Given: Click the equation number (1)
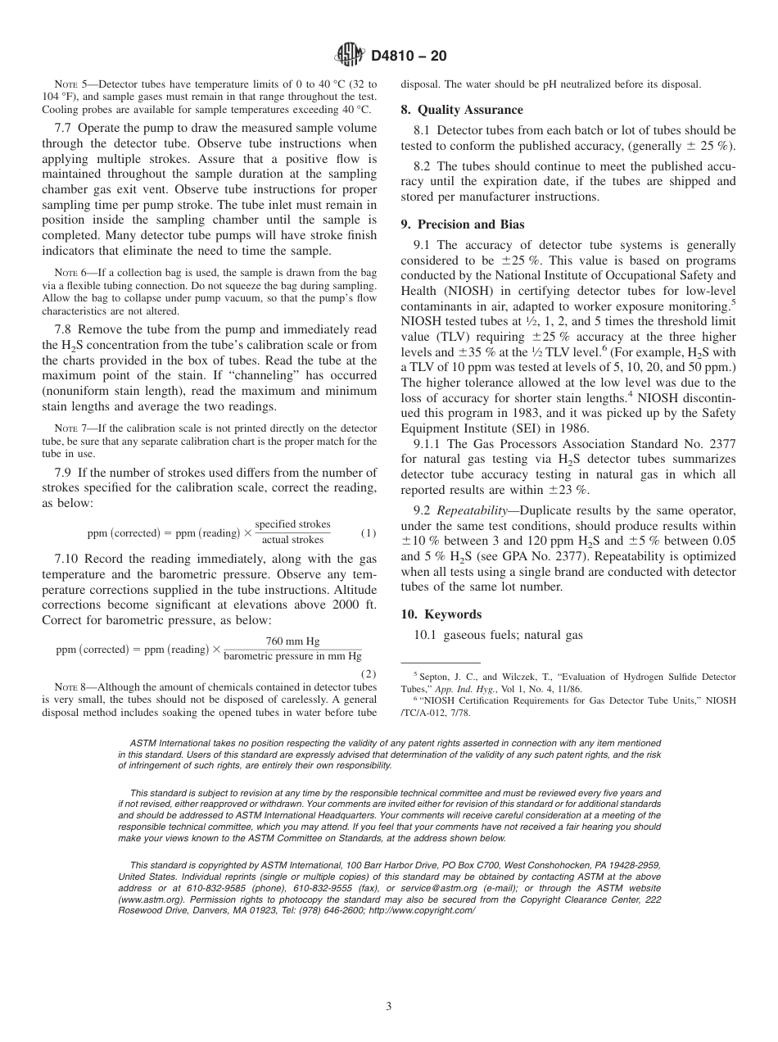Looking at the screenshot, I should [369, 533].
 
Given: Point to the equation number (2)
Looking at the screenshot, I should [369, 673].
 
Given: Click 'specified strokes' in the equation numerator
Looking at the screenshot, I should [292, 524].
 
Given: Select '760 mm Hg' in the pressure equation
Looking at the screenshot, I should [292, 641].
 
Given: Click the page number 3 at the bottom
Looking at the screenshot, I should [389, 1007].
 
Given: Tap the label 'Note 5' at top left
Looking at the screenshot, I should [70, 84].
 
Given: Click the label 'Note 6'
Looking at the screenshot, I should [70, 273].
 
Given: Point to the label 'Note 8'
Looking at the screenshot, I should [70, 687].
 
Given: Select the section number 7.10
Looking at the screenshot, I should [67, 558].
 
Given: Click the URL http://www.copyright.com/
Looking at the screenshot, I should [421, 910].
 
